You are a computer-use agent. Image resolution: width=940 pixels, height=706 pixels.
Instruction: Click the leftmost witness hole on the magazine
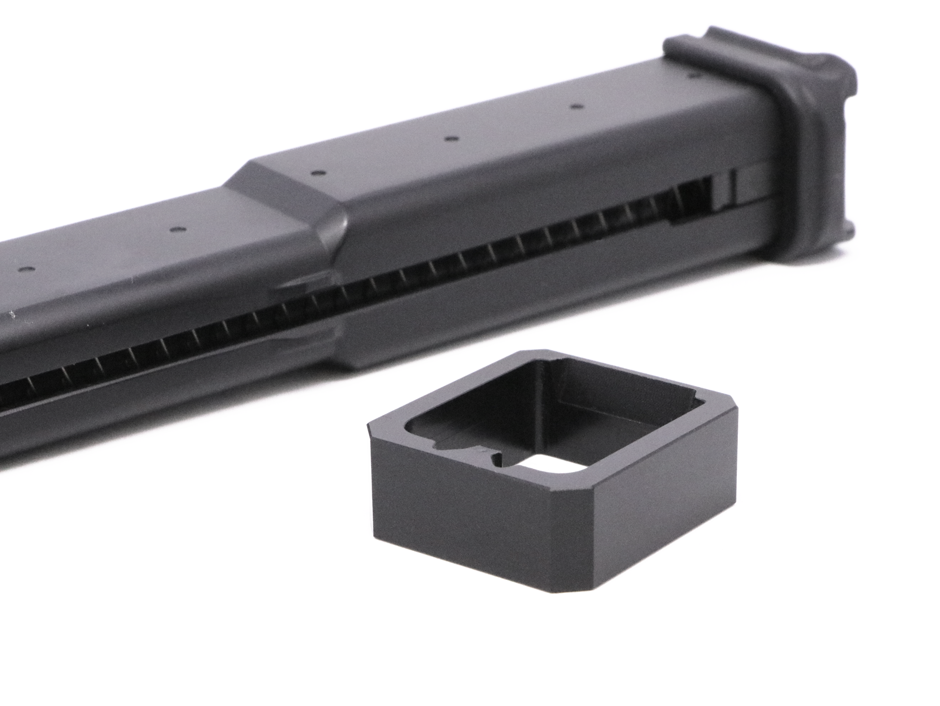pyautogui.click(x=25, y=270)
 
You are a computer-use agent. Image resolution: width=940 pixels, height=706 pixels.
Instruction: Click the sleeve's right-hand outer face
pyautogui.click(x=668, y=507)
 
